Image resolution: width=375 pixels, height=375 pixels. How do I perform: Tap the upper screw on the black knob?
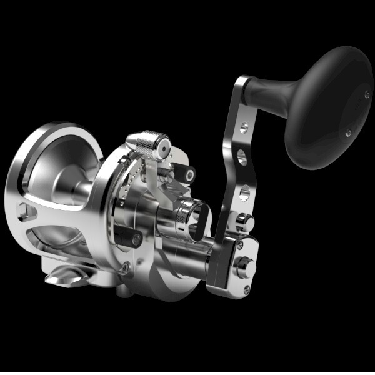point(367,94)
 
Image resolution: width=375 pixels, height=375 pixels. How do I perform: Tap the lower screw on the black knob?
point(348,132)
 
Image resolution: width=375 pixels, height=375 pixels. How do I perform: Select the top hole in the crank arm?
point(243,128)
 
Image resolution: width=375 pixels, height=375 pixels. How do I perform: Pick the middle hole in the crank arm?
point(241,157)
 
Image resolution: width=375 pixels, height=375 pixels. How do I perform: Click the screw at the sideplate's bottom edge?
point(126,269)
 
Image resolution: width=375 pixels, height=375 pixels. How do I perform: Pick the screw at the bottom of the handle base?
point(246,289)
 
